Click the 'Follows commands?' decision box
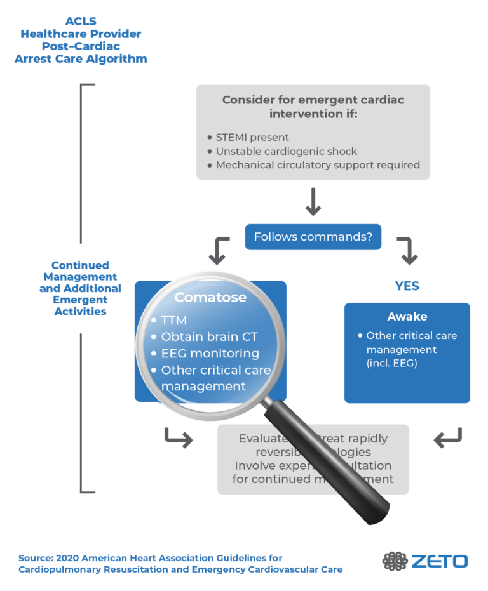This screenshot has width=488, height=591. [x=313, y=237]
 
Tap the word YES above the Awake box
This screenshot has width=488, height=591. [x=407, y=286]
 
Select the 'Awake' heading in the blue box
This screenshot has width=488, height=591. [x=407, y=316]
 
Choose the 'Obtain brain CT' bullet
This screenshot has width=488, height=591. [x=209, y=336]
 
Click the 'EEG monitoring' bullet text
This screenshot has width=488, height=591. [x=210, y=353]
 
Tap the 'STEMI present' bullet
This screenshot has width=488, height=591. [x=252, y=137]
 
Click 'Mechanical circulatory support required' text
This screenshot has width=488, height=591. [x=318, y=165]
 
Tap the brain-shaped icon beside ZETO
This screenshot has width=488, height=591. [x=395, y=561]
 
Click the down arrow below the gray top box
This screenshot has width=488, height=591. [x=313, y=202]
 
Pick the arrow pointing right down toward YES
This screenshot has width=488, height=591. [x=407, y=251]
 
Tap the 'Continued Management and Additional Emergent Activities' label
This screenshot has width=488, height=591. [x=80, y=288]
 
